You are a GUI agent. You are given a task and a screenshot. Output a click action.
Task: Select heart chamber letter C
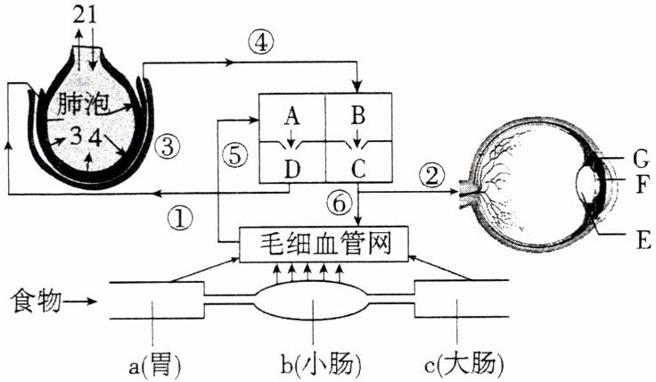[x=358, y=166]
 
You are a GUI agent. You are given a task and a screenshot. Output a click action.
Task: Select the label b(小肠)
[x=313, y=363]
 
